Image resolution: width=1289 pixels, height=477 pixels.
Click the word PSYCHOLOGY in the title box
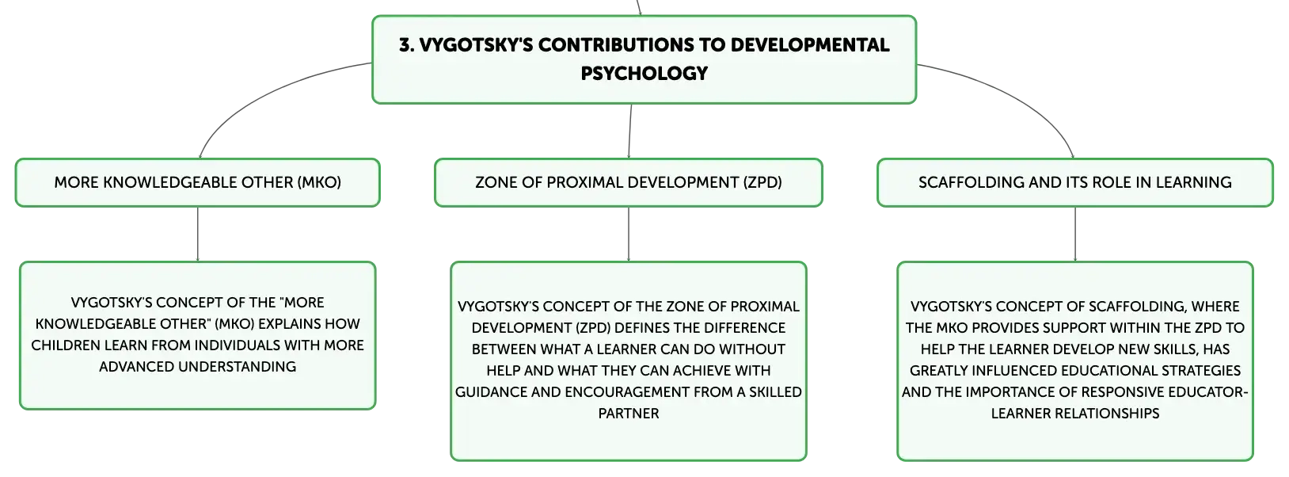click(x=644, y=73)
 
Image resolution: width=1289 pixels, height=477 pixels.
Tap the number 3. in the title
click(x=406, y=45)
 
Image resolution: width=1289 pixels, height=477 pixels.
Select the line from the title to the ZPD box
click(x=630, y=131)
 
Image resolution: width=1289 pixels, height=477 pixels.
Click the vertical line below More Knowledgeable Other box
click(x=198, y=234)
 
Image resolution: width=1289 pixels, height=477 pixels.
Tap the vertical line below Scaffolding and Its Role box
click(x=1075, y=234)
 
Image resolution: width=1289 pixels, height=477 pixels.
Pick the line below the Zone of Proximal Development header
click(x=629, y=234)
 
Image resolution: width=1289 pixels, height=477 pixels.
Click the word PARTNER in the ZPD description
click(x=629, y=413)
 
